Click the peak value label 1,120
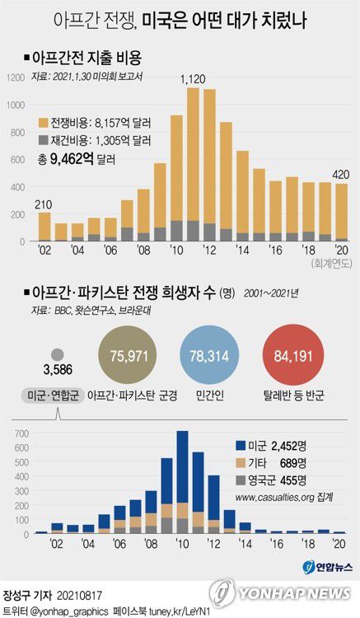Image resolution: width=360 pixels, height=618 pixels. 194,79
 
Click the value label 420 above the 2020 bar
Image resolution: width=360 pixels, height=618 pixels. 342,174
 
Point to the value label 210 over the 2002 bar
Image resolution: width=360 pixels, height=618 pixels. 43,204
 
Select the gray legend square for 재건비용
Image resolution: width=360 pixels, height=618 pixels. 44,140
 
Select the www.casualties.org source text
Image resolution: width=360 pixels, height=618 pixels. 284,499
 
